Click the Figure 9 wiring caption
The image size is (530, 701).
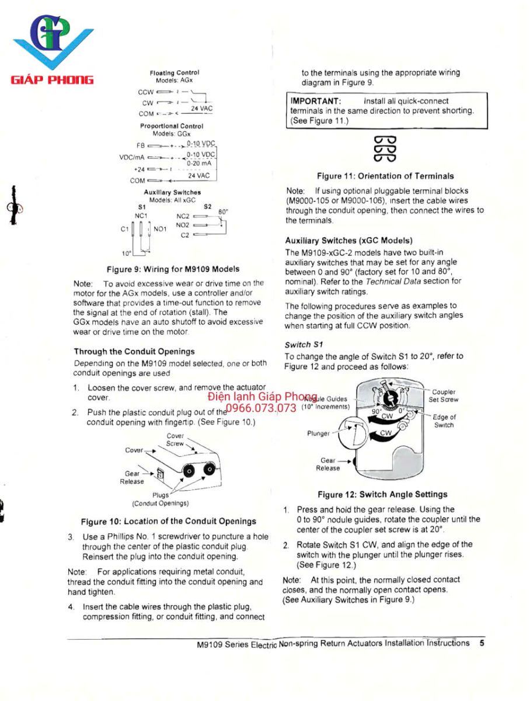pos(173,269)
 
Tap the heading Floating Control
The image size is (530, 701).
pos(175,72)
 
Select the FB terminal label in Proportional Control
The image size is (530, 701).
pos(140,145)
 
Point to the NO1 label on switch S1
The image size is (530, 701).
pos(160,229)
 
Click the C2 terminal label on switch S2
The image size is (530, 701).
pos(184,235)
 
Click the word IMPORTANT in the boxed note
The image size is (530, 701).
pos(315,101)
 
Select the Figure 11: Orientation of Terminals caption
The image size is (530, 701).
pos(385,176)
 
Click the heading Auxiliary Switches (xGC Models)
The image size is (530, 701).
pos(348,240)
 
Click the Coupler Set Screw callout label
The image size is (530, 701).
pos(444,396)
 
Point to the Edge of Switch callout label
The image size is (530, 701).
pos(444,421)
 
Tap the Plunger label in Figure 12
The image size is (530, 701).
pos(319,433)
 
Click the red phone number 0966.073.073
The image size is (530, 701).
pos(261,408)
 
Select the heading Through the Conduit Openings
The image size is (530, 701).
pos(134,352)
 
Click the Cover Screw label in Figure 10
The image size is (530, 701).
pos(175,440)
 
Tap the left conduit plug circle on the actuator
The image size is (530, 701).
pos(190,471)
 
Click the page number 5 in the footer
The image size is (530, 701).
pos(482,643)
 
